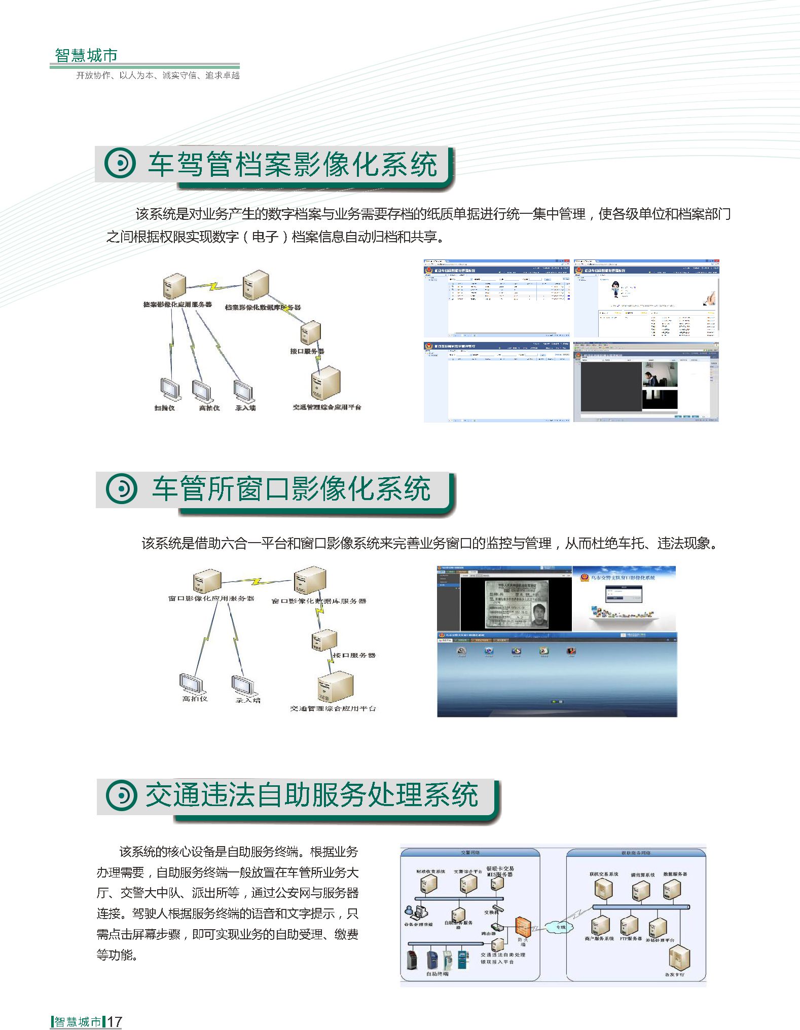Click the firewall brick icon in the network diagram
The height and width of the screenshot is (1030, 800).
click(523, 927)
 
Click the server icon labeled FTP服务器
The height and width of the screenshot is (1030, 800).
click(630, 925)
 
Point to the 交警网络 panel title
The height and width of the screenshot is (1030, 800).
click(470, 853)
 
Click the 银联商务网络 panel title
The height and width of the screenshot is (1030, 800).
click(636, 853)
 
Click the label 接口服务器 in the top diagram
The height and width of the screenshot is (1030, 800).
click(307, 351)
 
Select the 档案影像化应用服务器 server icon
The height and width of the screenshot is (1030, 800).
click(174, 286)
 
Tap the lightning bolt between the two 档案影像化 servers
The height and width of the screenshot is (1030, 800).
click(214, 286)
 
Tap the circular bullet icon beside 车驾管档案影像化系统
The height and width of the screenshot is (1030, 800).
click(120, 164)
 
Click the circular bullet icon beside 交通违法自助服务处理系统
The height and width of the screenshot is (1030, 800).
click(122, 795)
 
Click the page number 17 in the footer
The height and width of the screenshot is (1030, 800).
click(115, 1021)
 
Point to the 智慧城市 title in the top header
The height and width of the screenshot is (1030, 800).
click(86, 55)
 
